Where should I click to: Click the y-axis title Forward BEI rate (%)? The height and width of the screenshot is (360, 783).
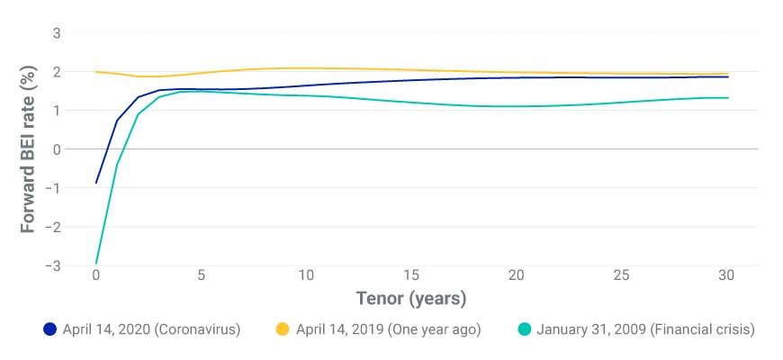point(29,148)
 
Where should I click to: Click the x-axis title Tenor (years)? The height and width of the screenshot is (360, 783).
point(411,299)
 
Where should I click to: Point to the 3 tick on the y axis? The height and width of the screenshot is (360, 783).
point(57,33)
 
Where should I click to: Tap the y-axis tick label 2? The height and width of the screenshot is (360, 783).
point(57,72)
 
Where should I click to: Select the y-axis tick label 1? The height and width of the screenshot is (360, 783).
point(57,111)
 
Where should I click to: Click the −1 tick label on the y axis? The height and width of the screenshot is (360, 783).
point(52,188)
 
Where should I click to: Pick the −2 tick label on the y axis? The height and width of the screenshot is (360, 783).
point(52,227)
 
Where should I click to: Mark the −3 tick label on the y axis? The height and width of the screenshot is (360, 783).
point(52,266)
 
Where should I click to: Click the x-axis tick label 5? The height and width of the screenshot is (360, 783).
point(201,275)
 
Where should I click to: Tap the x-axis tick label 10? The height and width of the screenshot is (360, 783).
point(306,275)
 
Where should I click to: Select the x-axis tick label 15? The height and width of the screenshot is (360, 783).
point(411,275)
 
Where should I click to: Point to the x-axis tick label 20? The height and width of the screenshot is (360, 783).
point(517,275)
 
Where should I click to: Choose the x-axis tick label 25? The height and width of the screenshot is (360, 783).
point(622,275)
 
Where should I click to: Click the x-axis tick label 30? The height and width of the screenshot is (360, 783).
point(727,275)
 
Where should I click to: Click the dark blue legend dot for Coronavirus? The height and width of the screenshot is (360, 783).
point(49,330)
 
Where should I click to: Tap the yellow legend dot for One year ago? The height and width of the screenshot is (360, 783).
point(283,330)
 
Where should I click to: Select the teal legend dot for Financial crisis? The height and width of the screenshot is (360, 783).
point(524,330)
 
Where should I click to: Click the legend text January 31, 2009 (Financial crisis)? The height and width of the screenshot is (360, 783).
point(645,330)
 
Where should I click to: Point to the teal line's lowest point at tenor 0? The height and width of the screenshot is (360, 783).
point(96,263)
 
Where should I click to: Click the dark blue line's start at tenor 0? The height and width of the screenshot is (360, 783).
point(96,183)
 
